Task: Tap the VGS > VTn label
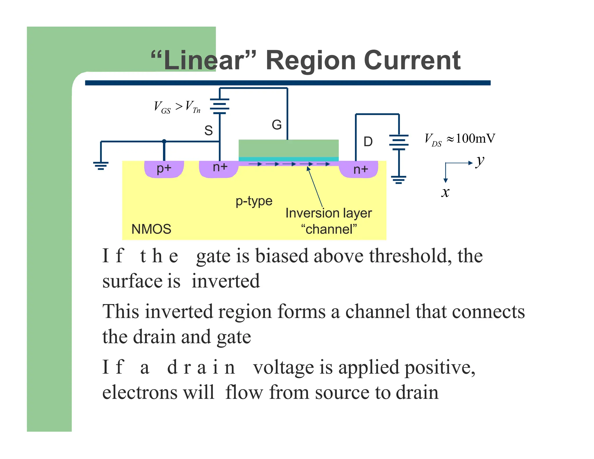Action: (177, 107)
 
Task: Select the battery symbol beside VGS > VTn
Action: (220, 106)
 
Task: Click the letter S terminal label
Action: (208, 131)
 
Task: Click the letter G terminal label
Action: (276, 125)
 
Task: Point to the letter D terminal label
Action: (368, 142)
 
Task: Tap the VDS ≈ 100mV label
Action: (460, 139)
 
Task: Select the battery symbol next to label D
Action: (399, 142)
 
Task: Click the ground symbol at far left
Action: (101, 165)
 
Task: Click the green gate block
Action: (288, 148)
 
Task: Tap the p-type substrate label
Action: (254, 201)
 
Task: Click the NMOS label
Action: (151, 229)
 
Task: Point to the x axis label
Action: (445, 192)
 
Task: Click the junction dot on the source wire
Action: (164, 141)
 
